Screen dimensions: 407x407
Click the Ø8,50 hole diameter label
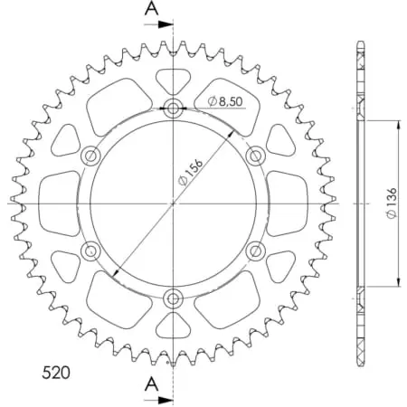224,101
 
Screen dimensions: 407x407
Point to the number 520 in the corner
59,372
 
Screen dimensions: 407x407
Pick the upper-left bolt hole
91,156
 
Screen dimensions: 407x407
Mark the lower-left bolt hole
91,249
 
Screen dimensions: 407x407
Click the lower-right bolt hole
254,249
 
